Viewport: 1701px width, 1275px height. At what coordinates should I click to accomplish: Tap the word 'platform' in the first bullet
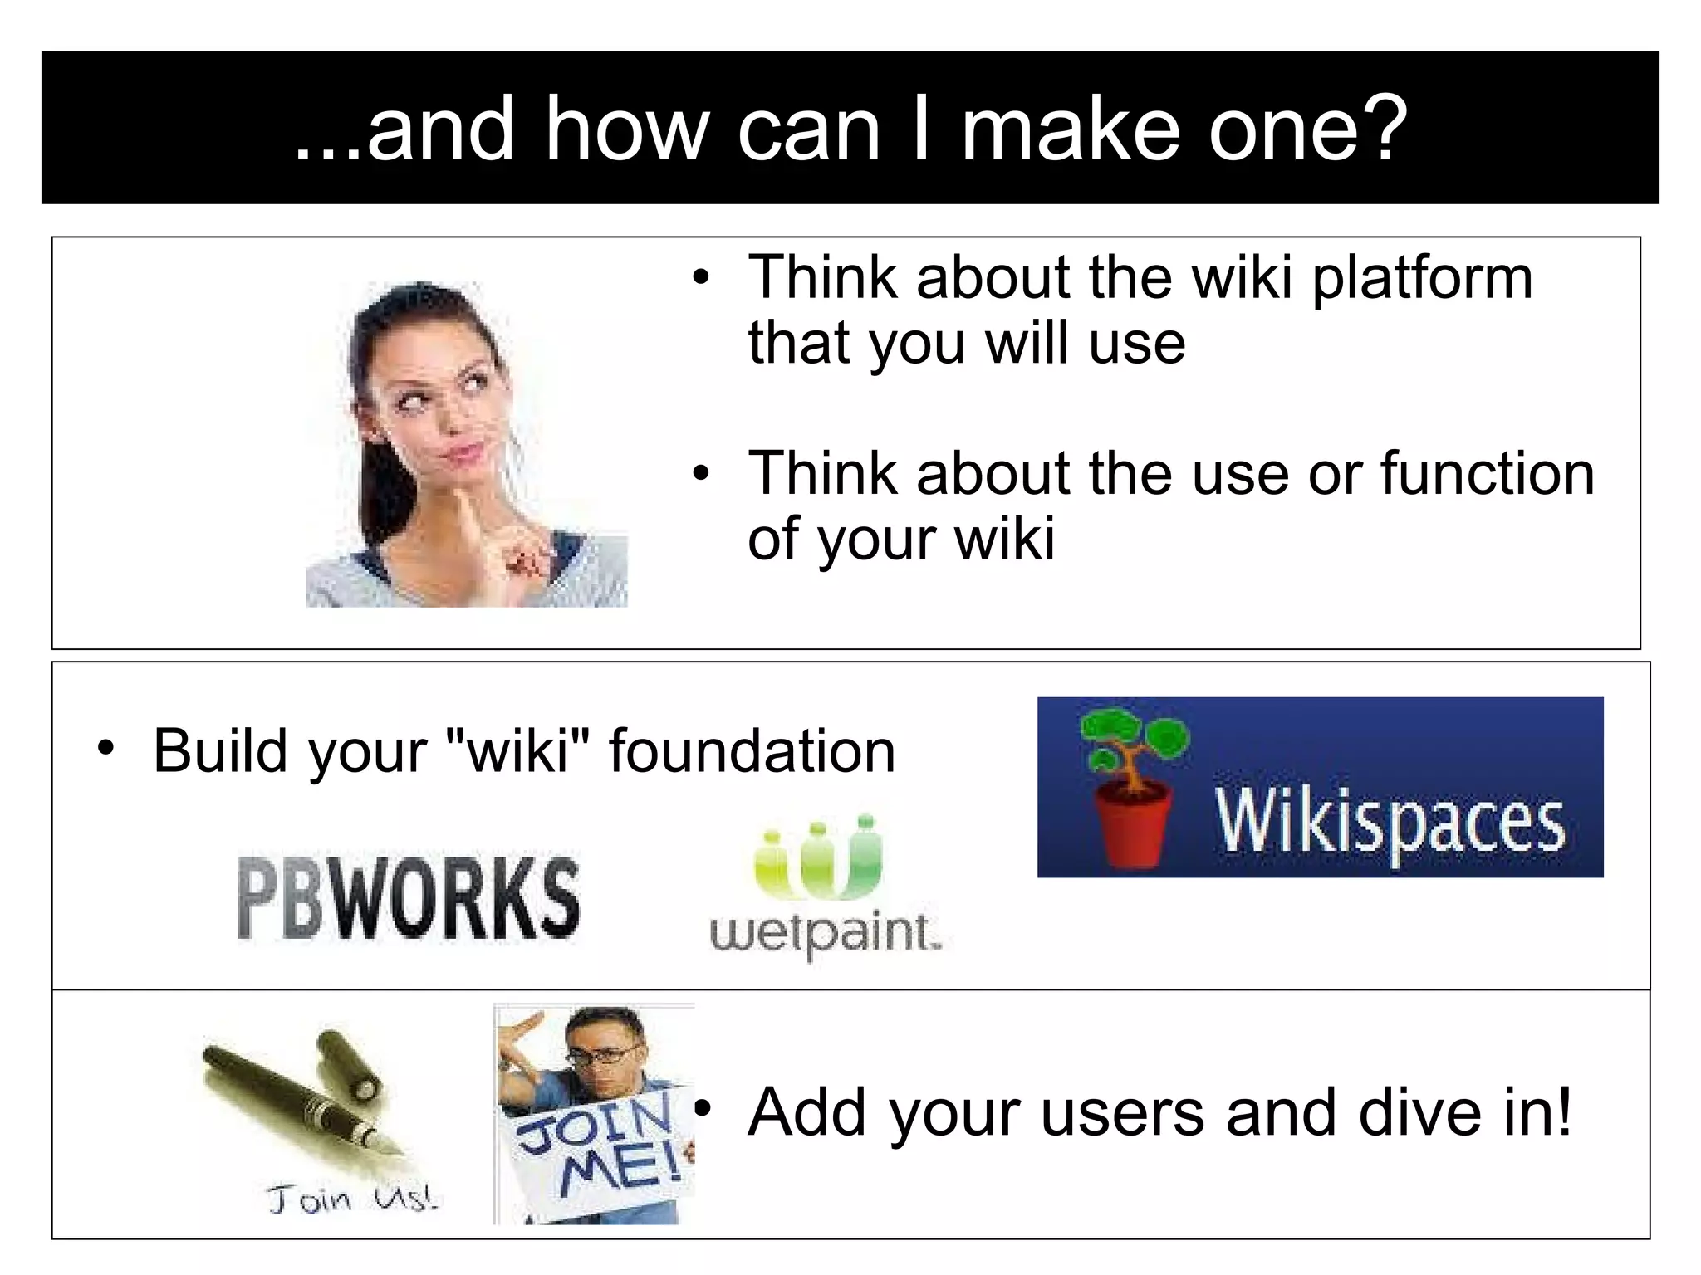click(1422, 280)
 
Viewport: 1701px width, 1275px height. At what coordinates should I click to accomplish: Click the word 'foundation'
click(752, 751)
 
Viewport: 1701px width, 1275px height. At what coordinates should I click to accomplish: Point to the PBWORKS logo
click(408, 898)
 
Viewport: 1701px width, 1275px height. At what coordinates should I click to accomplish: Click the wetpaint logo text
click(824, 933)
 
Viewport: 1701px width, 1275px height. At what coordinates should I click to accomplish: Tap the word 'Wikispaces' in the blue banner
click(1389, 822)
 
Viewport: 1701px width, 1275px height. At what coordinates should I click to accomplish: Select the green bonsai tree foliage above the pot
click(1134, 734)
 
